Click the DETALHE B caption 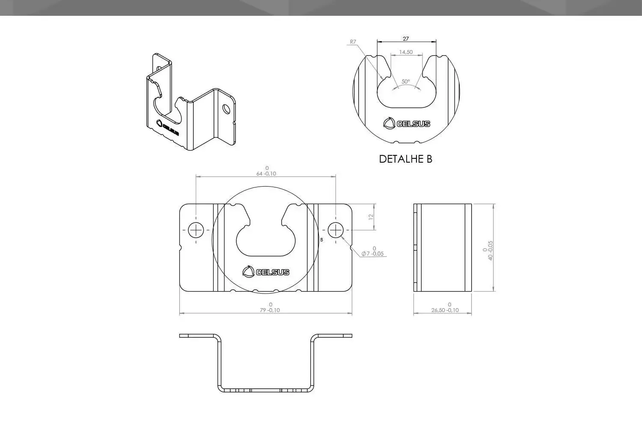pyautogui.click(x=405, y=159)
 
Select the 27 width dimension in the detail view pyautogui.click(x=406, y=39)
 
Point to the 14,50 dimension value pyautogui.click(x=406, y=52)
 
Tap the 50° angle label pyautogui.click(x=405, y=81)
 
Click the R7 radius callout pyautogui.click(x=353, y=42)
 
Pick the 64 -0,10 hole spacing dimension pyautogui.click(x=266, y=173)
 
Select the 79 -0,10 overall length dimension pyautogui.click(x=270, y=310)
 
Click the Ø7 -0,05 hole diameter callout pyautogui.click(x=372, y=253)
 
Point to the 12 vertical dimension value pyautogui.click(x=371, y=217)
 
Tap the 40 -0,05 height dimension pyautogui.click(x=490, y=250)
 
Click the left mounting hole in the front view pyautogui.click(x=196, y=230)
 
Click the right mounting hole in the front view pyautogui.click(x=336, y=230)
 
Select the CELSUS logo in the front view pyautogui.click(x=266, y=272)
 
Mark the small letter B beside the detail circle pyautogui.click(x=321, y=240)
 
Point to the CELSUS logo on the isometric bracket pyautogui.click(x=168, y=128)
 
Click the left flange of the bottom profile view pyautogui.click(x=197, y=336)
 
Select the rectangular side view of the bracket pyautogui.click(x=443, y=248)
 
